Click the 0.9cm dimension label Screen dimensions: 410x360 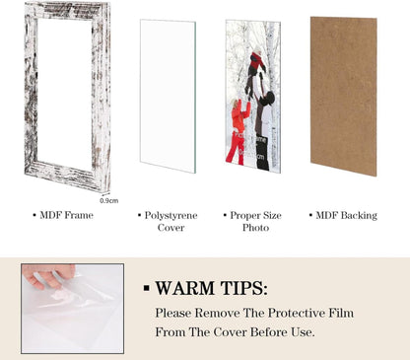[x=109, y=200]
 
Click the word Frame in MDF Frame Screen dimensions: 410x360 [x=79, y=215]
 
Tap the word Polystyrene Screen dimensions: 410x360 [x=171, y=216]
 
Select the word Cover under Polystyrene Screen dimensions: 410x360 [x=171, y=228]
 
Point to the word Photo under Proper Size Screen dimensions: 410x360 [x=255, y=228]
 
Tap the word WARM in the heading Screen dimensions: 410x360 [x=185, y=288]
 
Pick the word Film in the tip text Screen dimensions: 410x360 [x=342, y=313]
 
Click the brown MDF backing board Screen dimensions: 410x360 [x=344, y=96]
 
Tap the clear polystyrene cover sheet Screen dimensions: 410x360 [x=168, y=96]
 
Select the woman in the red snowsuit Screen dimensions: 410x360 [x=239, y=131]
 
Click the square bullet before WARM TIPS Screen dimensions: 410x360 [x=147, y=288]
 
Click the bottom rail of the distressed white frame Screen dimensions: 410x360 [x=67, y=176]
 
